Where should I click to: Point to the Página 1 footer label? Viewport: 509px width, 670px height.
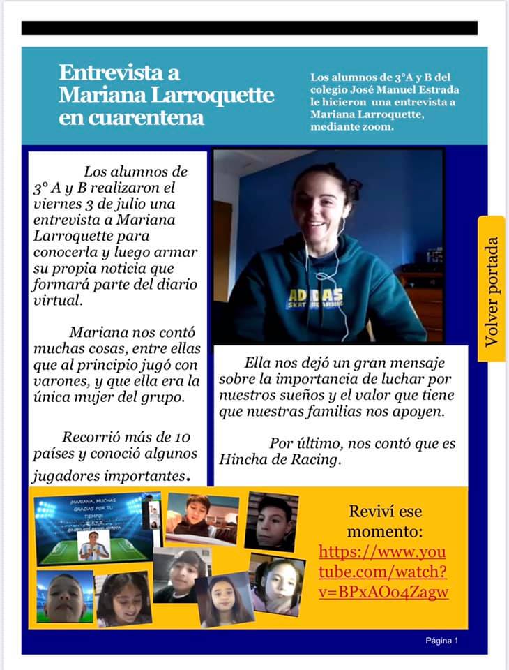(x=442, y=641)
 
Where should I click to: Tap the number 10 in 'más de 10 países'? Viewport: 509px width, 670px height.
(x=180, y=438)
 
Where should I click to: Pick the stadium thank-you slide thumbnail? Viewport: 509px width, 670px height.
(x=94, y=528)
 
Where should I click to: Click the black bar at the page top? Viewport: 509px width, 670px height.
(x=250, y=28)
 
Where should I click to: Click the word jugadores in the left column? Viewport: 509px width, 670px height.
(x=66, y=477)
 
